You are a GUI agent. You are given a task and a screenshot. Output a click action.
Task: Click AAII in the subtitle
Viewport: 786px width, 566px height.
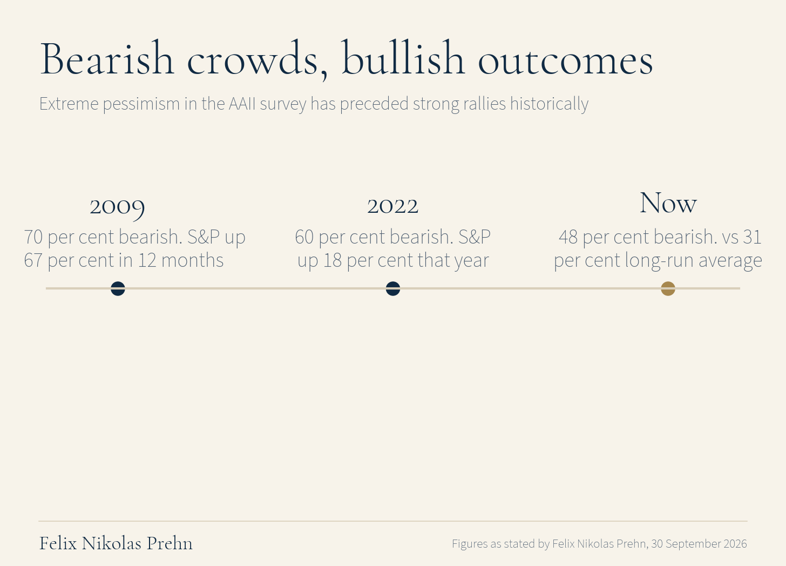[242, 104]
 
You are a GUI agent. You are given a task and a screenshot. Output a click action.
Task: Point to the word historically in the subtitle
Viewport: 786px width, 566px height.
[549, 104]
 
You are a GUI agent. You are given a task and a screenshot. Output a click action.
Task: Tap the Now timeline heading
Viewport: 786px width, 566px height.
[668, 203]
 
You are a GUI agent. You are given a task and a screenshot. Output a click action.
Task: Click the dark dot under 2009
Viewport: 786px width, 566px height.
[118, 288]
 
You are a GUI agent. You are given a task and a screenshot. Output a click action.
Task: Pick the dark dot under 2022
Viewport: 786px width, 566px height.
[393, 288]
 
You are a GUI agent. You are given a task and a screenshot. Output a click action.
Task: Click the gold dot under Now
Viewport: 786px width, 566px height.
[668, 288]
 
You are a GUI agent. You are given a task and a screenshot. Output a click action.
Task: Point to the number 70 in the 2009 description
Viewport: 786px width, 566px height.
[33, 237]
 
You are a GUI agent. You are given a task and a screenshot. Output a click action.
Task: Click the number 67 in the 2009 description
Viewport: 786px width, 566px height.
[33, 260]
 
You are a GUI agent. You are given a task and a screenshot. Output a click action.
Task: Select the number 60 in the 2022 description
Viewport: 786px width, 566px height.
[304, 237]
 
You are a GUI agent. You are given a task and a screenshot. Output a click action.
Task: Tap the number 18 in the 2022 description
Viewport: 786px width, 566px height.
[333, 260]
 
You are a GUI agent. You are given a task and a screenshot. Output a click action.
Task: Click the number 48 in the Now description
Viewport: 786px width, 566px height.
[568, 237]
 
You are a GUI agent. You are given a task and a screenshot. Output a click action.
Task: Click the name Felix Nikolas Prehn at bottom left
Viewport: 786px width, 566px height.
[116, 543]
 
